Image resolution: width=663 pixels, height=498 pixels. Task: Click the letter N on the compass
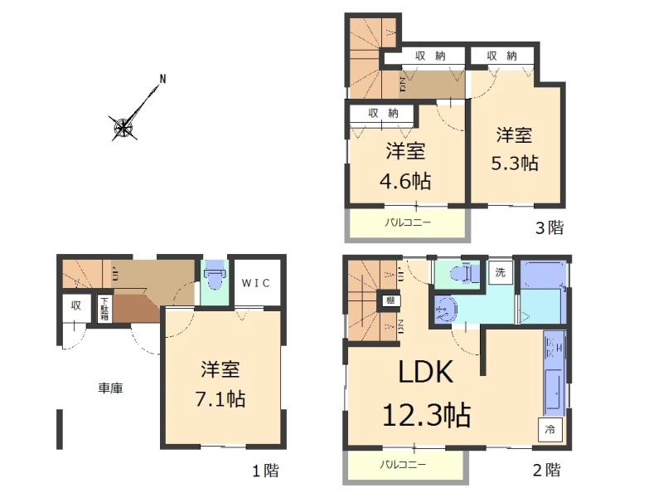(x=163, y=80)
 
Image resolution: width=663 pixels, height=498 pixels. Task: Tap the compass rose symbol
(x=123, y=127)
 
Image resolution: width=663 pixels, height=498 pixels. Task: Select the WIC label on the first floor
(x=256, y=282)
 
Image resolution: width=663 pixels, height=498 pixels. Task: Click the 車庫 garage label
(x=110, y=387)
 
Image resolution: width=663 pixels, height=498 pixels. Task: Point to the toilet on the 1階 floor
(x=214, y=276)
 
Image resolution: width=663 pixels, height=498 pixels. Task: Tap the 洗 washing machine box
(x=501, y=272)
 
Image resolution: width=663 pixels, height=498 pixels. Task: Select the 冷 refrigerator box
(x=551, y=431)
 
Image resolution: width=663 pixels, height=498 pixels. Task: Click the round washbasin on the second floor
(x=444, y=309)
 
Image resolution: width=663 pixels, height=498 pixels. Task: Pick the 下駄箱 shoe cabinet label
(x=105, y=308)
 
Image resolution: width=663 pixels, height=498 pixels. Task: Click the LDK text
(x=426, y=373)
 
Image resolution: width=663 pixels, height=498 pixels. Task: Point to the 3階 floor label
(x=548, y=227)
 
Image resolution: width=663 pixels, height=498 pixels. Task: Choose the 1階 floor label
(x=265, y=471)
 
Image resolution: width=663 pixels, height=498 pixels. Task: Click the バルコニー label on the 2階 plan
(x=404, y=465)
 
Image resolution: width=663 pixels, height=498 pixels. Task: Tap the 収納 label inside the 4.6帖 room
(x=383, y=112)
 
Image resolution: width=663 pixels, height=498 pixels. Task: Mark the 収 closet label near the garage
(x=75, y=305)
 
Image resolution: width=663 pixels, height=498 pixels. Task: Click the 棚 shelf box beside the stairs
(x=388, y=300)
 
